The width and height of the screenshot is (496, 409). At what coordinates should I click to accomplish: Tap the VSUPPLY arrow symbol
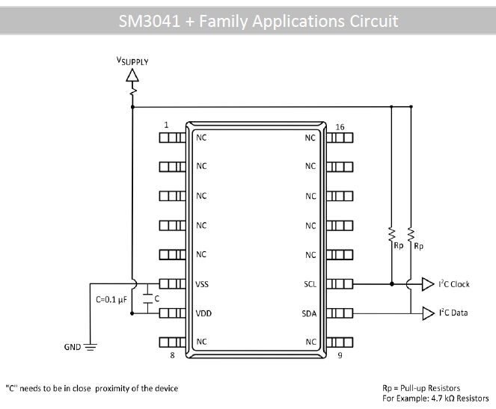coord(132,75)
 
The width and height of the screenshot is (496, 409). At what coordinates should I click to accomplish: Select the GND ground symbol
coord(90,347)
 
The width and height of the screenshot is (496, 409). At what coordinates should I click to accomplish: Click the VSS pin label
coord(203,284)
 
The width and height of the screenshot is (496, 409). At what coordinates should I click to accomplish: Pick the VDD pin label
coord(203,313)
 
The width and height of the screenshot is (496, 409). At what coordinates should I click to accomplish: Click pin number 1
coord(166,125)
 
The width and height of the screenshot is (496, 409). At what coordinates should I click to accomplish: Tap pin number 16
coord(340,127)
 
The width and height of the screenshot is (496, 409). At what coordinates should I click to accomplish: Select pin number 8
coord(173,355)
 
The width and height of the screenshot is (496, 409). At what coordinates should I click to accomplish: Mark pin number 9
coord(340,355)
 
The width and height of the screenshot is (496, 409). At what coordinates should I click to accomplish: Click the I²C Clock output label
coord(454,284)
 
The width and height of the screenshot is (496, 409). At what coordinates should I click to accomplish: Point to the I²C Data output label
coord(453,313)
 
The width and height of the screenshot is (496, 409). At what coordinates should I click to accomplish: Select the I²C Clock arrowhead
coord(427,284)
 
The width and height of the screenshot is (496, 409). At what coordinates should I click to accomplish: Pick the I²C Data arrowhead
coord(427,313)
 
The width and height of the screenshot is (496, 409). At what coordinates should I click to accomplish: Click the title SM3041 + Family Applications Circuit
coord(248,20)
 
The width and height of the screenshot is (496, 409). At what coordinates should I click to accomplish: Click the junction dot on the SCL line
coord(391,284)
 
